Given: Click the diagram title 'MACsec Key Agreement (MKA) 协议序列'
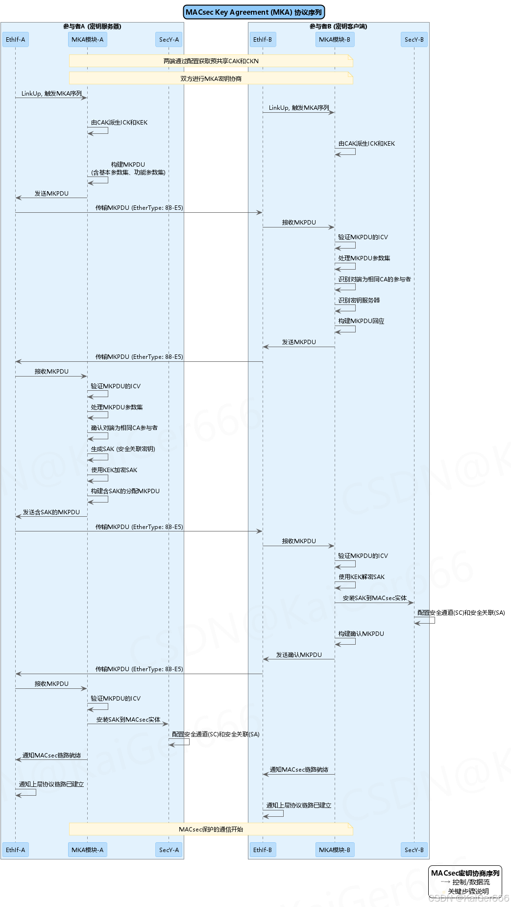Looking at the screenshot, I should tap(254, 12).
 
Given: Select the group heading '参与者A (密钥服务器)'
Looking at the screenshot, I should tap(92, 26).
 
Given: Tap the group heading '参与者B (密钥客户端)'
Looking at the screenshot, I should tap(338, 26).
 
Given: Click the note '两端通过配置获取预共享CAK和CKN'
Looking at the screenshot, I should tap(211, 61).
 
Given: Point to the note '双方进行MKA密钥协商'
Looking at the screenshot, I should tap(211, 78).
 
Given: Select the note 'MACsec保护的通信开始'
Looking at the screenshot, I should tap(211, 829).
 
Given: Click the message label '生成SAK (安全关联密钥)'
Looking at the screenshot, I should tap(123, 449).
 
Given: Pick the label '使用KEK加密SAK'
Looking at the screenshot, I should tap(114, 470).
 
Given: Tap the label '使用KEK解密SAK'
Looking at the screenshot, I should tap(362, 577).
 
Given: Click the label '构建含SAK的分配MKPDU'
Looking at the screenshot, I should tap(125, 491).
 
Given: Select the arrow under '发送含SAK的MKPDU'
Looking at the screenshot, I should tap(51, 516).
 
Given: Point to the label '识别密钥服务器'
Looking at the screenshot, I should tap(359, 301).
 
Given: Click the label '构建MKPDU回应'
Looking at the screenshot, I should tap(361, 321).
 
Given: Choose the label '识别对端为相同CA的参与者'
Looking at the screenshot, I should tap(374, 279).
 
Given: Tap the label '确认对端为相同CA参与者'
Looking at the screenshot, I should tap(124, 428).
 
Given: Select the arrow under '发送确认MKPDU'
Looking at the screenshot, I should tap(299, 659).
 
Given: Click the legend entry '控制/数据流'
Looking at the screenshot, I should tap(470, 882).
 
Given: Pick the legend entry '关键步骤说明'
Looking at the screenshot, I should tap(468, 891).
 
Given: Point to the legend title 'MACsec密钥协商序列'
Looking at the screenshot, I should tap(465, 873).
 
